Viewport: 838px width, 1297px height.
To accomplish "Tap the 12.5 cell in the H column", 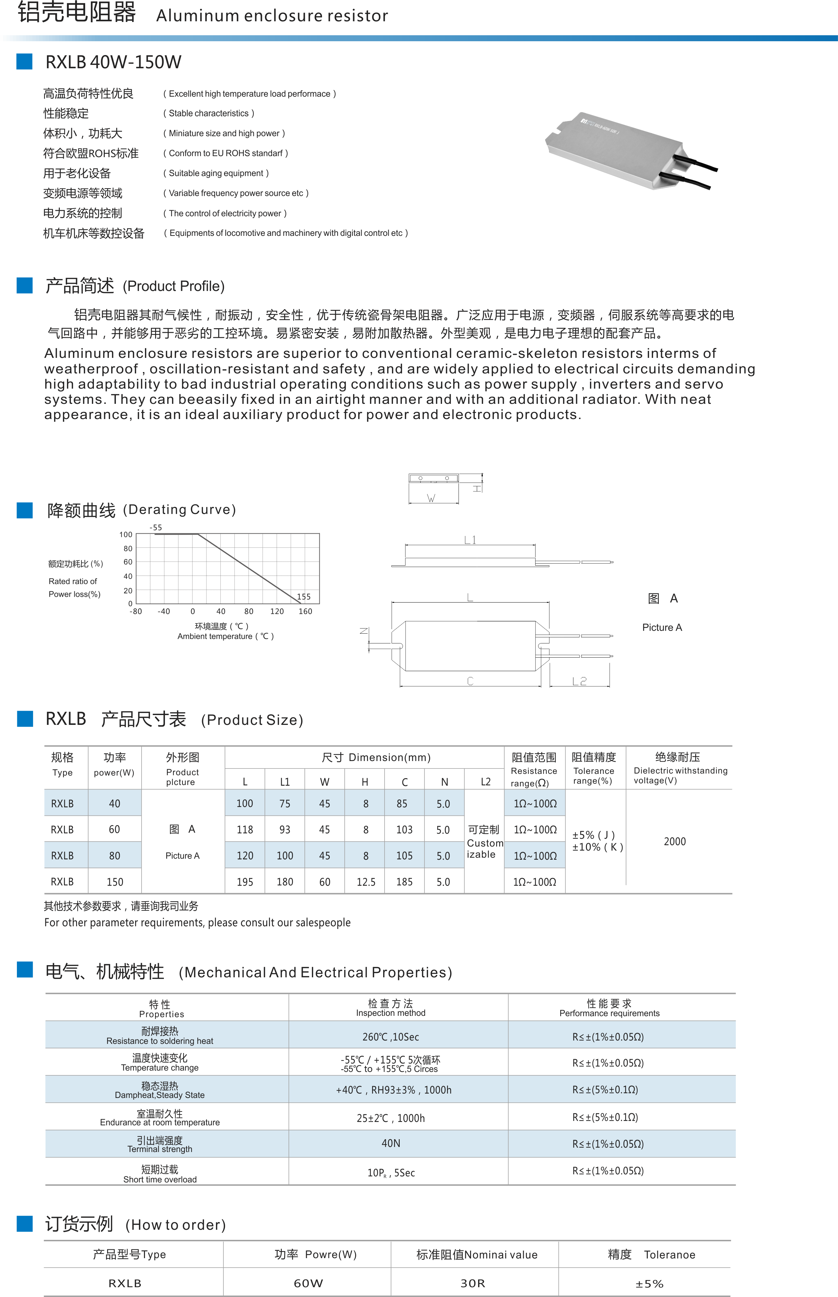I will [x=366, y=882].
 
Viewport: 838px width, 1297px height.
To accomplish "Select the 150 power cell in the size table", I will [x=114, y=882].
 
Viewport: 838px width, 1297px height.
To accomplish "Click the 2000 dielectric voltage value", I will [x=675, y=842].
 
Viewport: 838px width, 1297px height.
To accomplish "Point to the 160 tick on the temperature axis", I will [x=305, y=612].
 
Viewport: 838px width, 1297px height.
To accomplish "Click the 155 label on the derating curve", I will [x=304, y=597].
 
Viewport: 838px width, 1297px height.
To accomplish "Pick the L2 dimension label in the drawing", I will [x=580, y=681].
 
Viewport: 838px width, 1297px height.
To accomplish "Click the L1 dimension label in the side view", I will [x=470, y=540].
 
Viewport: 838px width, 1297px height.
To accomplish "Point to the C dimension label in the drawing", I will [x=470, y=681].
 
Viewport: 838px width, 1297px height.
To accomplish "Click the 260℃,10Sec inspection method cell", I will [x=391, y=1037].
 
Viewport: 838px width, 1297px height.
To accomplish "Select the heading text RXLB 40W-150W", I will [x=113, y=62].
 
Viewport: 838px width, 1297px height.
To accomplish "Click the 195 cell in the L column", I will [x=245, y=882].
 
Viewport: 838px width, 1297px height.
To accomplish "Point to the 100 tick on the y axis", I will [x=126, y=534].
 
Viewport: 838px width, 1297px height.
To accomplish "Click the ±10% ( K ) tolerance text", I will [x=597, y=847].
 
